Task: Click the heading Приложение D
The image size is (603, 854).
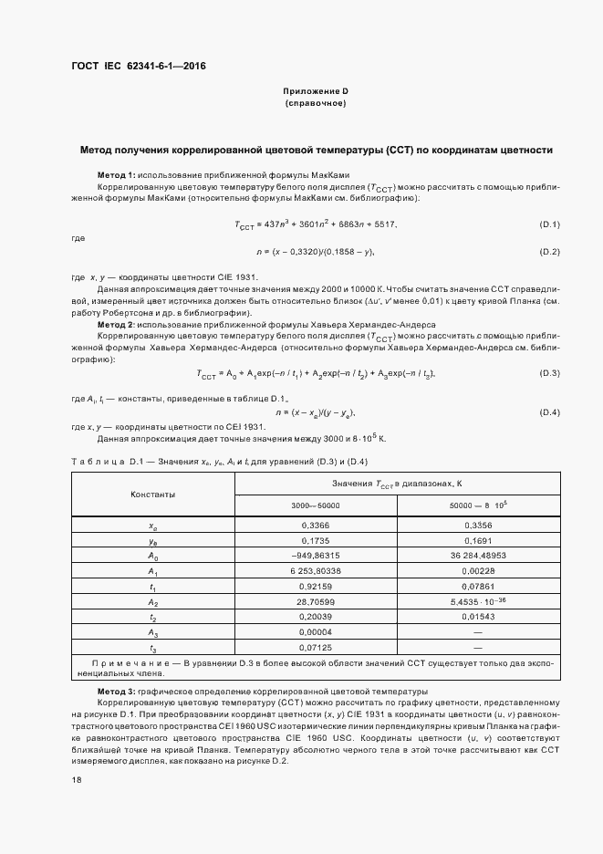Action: pyautogui.click(x=315, y=91)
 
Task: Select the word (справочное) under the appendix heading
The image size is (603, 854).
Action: pyautogui.click(x=315, y=103)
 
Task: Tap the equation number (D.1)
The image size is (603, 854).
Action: pyautogui.click(x=549, y=224)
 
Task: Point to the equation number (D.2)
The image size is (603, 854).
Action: pyautogui.click(x=549, y=252)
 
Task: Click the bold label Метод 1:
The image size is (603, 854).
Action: pyautogui.click(x=116, y=174)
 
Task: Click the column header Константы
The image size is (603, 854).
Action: pyautogui.click(x=153, y=494)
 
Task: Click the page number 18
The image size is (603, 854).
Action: pyautogui.click(x=76, y=781)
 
